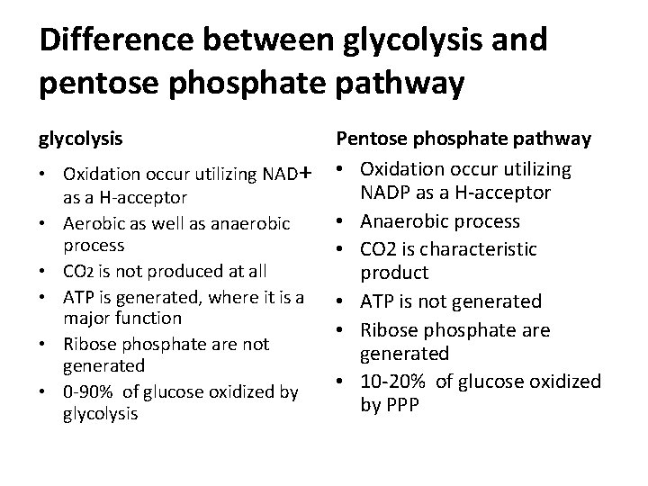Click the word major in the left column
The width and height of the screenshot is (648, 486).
point(83,318)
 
